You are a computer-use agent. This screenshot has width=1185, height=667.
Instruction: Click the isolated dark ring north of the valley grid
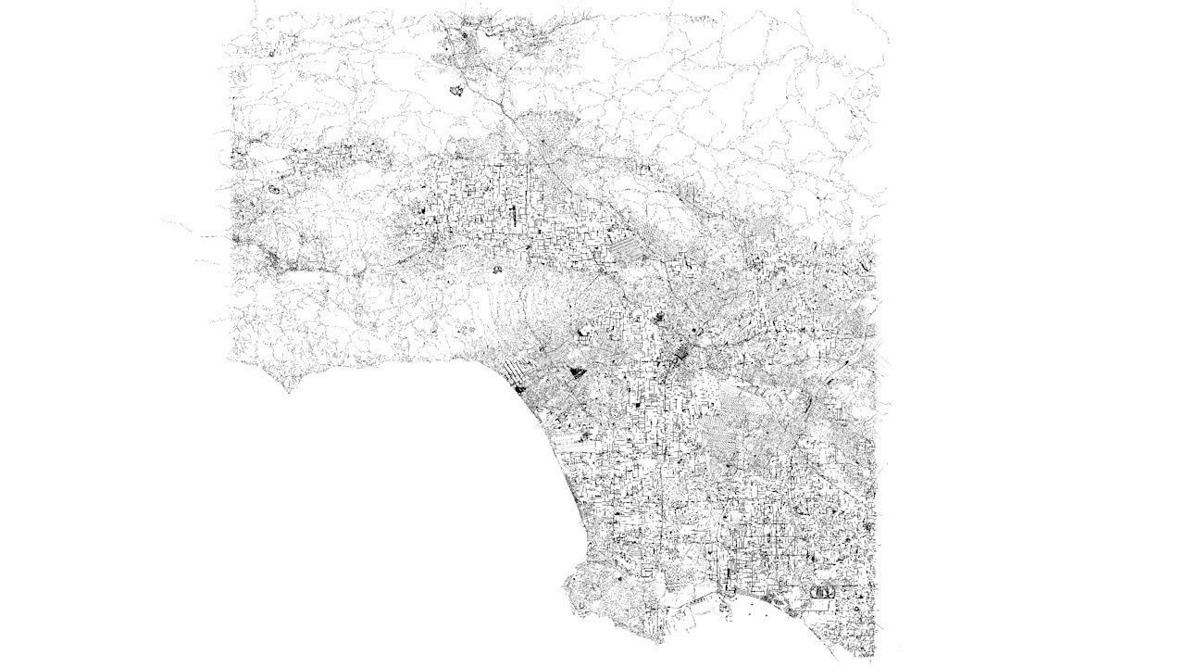point(455,91)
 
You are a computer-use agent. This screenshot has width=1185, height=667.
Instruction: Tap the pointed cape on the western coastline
point(288,388)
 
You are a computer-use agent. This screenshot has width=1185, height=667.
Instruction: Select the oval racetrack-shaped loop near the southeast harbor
point(820,590)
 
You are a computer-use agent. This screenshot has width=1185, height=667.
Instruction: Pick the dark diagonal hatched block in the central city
point(686,353)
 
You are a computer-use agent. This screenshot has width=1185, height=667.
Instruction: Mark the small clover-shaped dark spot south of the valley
point(497,270)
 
